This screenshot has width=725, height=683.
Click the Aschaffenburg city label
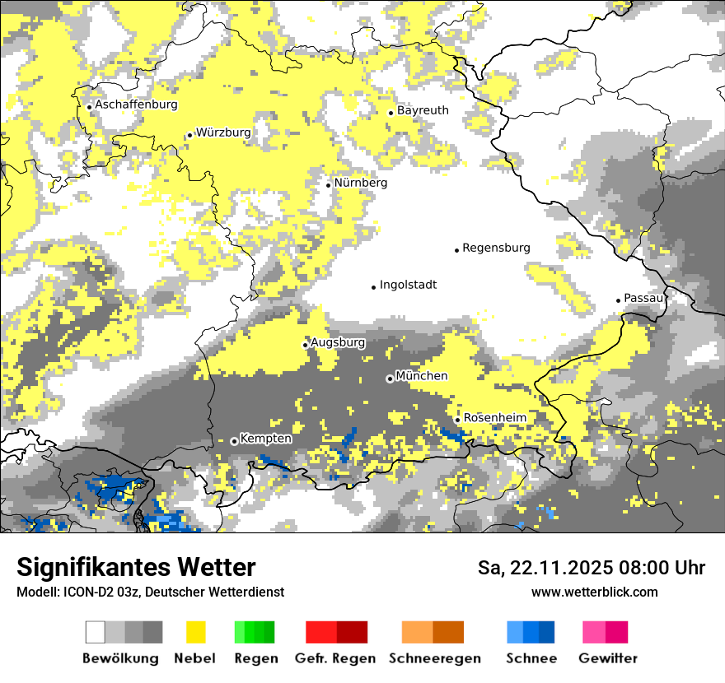pyautogui.click(x=136, y=105)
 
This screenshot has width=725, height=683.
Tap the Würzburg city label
pyautogui.click(x=223, y=132)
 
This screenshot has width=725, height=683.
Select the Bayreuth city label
pyautogui.click(x=423, y=110)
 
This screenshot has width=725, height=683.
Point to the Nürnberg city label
pyautogui.click(x=360, y=183)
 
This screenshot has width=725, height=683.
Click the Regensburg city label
pyautogui.click(x=496, y=248)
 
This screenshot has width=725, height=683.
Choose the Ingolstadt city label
pyautogui.click(x=408, y=285)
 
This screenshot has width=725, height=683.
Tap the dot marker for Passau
pyautogui.click(x=618, y=300)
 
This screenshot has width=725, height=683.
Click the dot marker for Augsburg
pyautogui.click(x=305, y=345)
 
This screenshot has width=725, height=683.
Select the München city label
pyautogui.click(x=422, y=376)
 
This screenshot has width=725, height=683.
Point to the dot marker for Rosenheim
pyautogui.click(x=457, y=420)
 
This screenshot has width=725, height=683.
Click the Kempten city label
pyautogui.click(x=266, y=439)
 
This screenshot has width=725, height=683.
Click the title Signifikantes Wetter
pyautogui.click(x=136, y=568)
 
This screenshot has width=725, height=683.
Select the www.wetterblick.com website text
pyautogui.click(x=594, y=592)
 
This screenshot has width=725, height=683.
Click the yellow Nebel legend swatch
pyautogui.click(x=195, y=632)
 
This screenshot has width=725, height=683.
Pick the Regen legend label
pyautogui.click(x=254, y=658)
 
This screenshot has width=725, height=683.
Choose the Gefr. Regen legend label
pyautogui.click(x=335, y=658)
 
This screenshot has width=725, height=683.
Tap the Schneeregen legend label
pyautogui.click(x=434, y=658)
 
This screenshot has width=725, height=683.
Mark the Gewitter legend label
pyautogui.click(x=607, y=658)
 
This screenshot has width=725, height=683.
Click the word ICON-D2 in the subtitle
pyautogui.click(x=85, y=592)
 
